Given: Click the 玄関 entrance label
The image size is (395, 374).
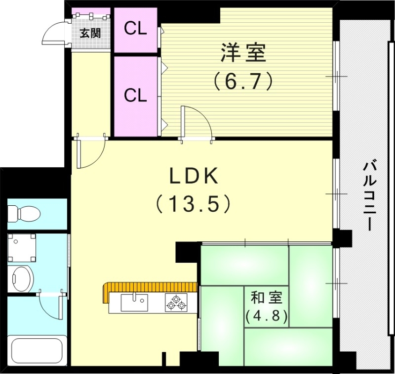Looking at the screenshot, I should coord(90,34).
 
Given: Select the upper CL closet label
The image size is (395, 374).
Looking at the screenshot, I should coord(135,29).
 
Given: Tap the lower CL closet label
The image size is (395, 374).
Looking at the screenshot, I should coord(135,95).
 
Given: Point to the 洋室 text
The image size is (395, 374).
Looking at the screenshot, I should coord(243,53).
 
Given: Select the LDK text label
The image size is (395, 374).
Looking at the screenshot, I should coord(194,176).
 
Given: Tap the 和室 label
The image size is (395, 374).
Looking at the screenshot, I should coord(266,297).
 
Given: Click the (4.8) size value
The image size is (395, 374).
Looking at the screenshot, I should coord(266,315).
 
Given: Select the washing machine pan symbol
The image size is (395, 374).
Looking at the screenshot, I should coord(22,248).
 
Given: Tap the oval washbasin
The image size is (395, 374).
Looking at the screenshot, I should coord(22,279).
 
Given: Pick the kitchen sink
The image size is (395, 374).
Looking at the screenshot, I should coord(134,302).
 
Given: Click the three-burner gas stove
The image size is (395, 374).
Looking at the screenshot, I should coord(177,302).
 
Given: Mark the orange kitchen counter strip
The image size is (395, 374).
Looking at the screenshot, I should coord(148,287).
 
